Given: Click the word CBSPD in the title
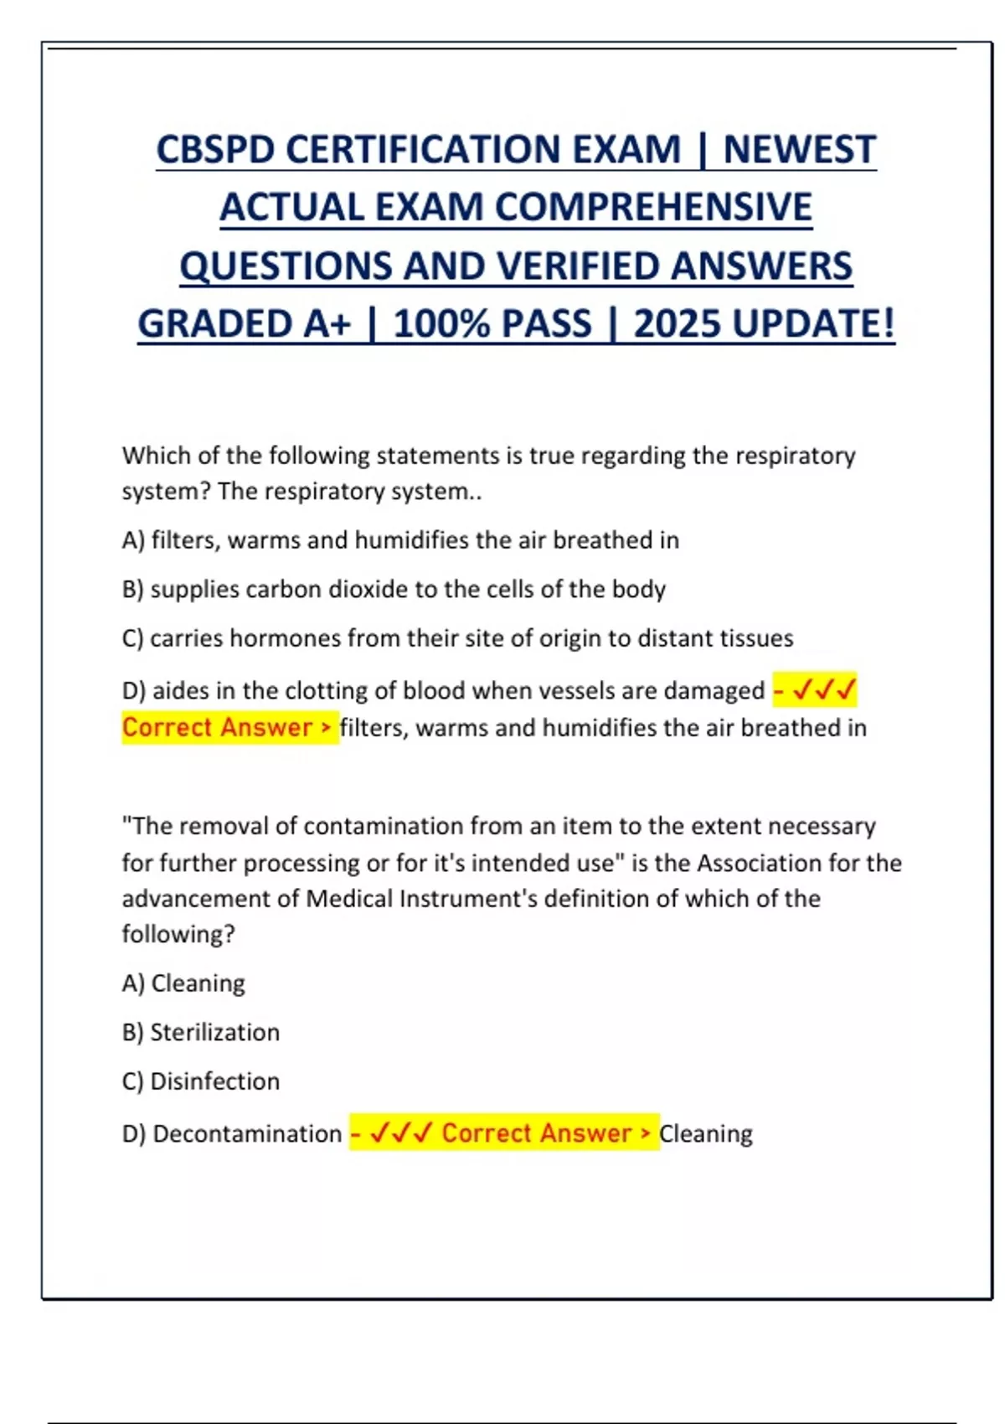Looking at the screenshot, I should pos(215,150).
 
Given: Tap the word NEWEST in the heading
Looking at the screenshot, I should pos(799,150).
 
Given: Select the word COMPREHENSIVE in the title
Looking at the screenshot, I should pos(648,208).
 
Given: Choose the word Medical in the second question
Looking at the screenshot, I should pos(348,899).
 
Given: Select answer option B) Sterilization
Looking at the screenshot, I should pos(201,1032).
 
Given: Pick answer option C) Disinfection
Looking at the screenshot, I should pos(201,1081).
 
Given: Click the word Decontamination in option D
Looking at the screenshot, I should pos(247,1133).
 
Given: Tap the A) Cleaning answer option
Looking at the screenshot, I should pos(183,983).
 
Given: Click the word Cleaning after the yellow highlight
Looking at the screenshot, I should pos(706,1133).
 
